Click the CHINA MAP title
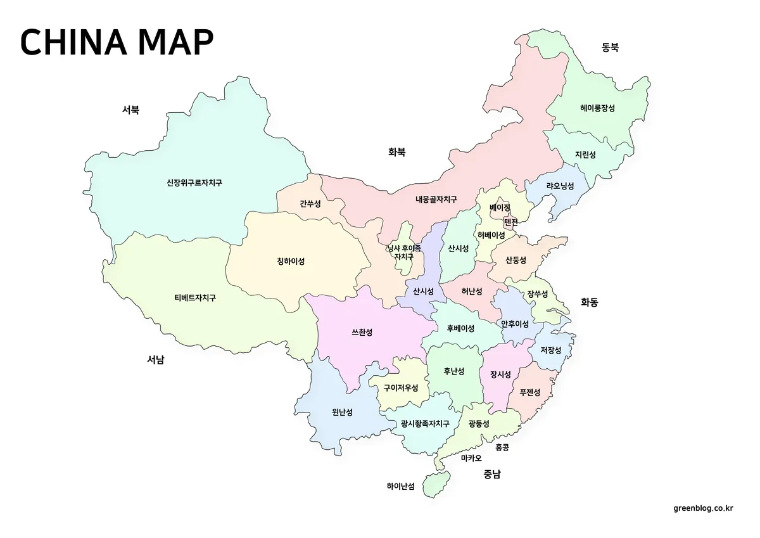pyautogui.click(x=117, y=42)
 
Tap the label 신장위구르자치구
pyautogui.click(x=194, y=183)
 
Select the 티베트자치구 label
pyautogui.click(x=195, y=298)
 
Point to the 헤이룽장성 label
pyautogui.click(x=597, y=108)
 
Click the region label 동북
pyautogui.click(x=610, y=47)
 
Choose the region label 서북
pyautogui.click(x=130, y=110)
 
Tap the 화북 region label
pyautogui.click(x=397, y=151)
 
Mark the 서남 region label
pyautogui.click(x=156, y=360)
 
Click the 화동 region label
pyautogui.click(x=589, y=302)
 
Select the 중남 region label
pyautogui.click(x=491, y=473)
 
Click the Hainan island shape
pyautogui.click(x=435, y=483)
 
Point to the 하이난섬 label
pyautogui.click(x=400, y=487)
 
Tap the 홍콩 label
pyautogui.click(x=502, y=447)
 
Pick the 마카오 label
pyautogui.click(x=471, y=458)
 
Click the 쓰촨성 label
pyautogui.click(x=362, y=332)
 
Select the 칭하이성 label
pyautogui.click(x=291, y=261)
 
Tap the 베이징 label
pyautogui.click(x=500, y=207)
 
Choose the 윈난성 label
pyautogui.click(x=342, y=412)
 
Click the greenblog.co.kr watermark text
pyautogui.click(x=703, y=508)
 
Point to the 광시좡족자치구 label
pyautogui.click(x=425, y=424)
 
